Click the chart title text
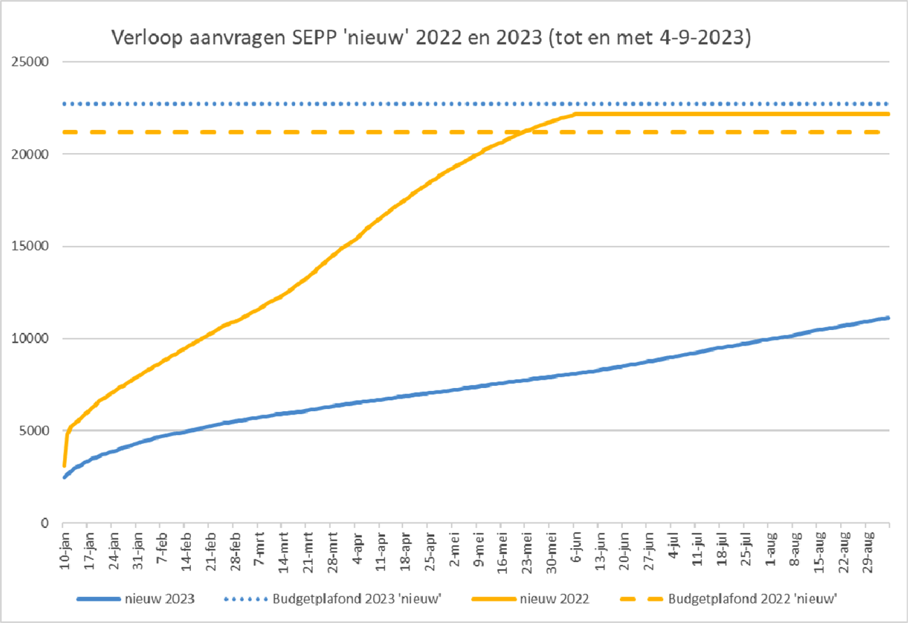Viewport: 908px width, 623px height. [431, 38]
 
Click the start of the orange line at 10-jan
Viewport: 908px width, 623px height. [64, 465]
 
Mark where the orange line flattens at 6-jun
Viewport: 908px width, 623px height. [575, 114]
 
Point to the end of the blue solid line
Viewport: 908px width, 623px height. [888, 317]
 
